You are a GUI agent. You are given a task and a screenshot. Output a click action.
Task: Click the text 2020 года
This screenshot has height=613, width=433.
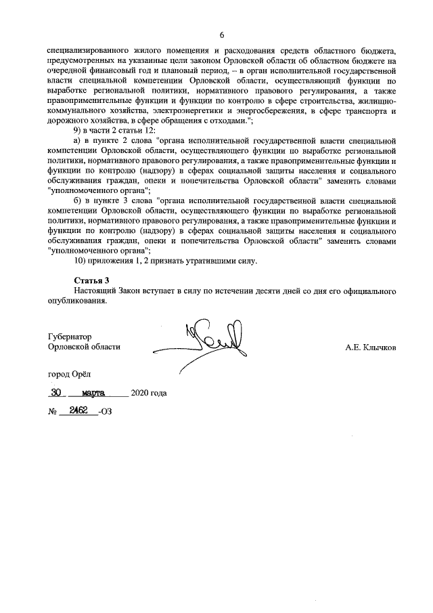point(148,394)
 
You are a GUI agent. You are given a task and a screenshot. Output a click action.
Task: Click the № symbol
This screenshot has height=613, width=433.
point(52,412)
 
